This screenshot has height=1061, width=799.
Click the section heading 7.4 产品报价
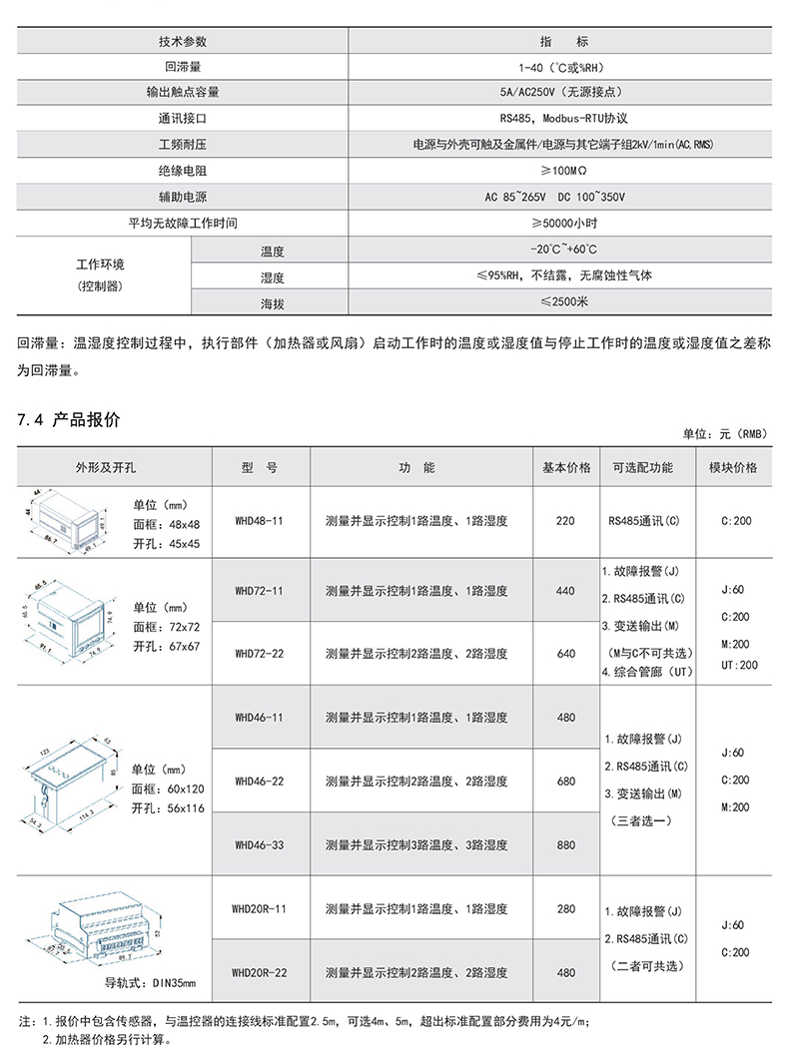pos(69,420)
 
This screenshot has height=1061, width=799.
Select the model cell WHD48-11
pos(260,521)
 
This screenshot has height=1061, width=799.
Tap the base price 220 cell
pos(565,521)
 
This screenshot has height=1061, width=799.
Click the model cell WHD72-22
pos(260,654)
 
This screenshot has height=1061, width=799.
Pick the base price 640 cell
pos(565,654)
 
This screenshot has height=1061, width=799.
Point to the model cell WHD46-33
pos(260,844)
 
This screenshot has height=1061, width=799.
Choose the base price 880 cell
pos(565,844)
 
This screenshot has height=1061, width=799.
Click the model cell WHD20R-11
pos(260,909)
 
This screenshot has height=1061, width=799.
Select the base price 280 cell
pos(565,909)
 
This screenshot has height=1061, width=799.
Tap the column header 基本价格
pos(566,467)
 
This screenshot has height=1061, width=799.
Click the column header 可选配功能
pos(642,467)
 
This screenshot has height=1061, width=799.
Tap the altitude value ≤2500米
pos(564,300)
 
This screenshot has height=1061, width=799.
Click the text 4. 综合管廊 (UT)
pos(647,672)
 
